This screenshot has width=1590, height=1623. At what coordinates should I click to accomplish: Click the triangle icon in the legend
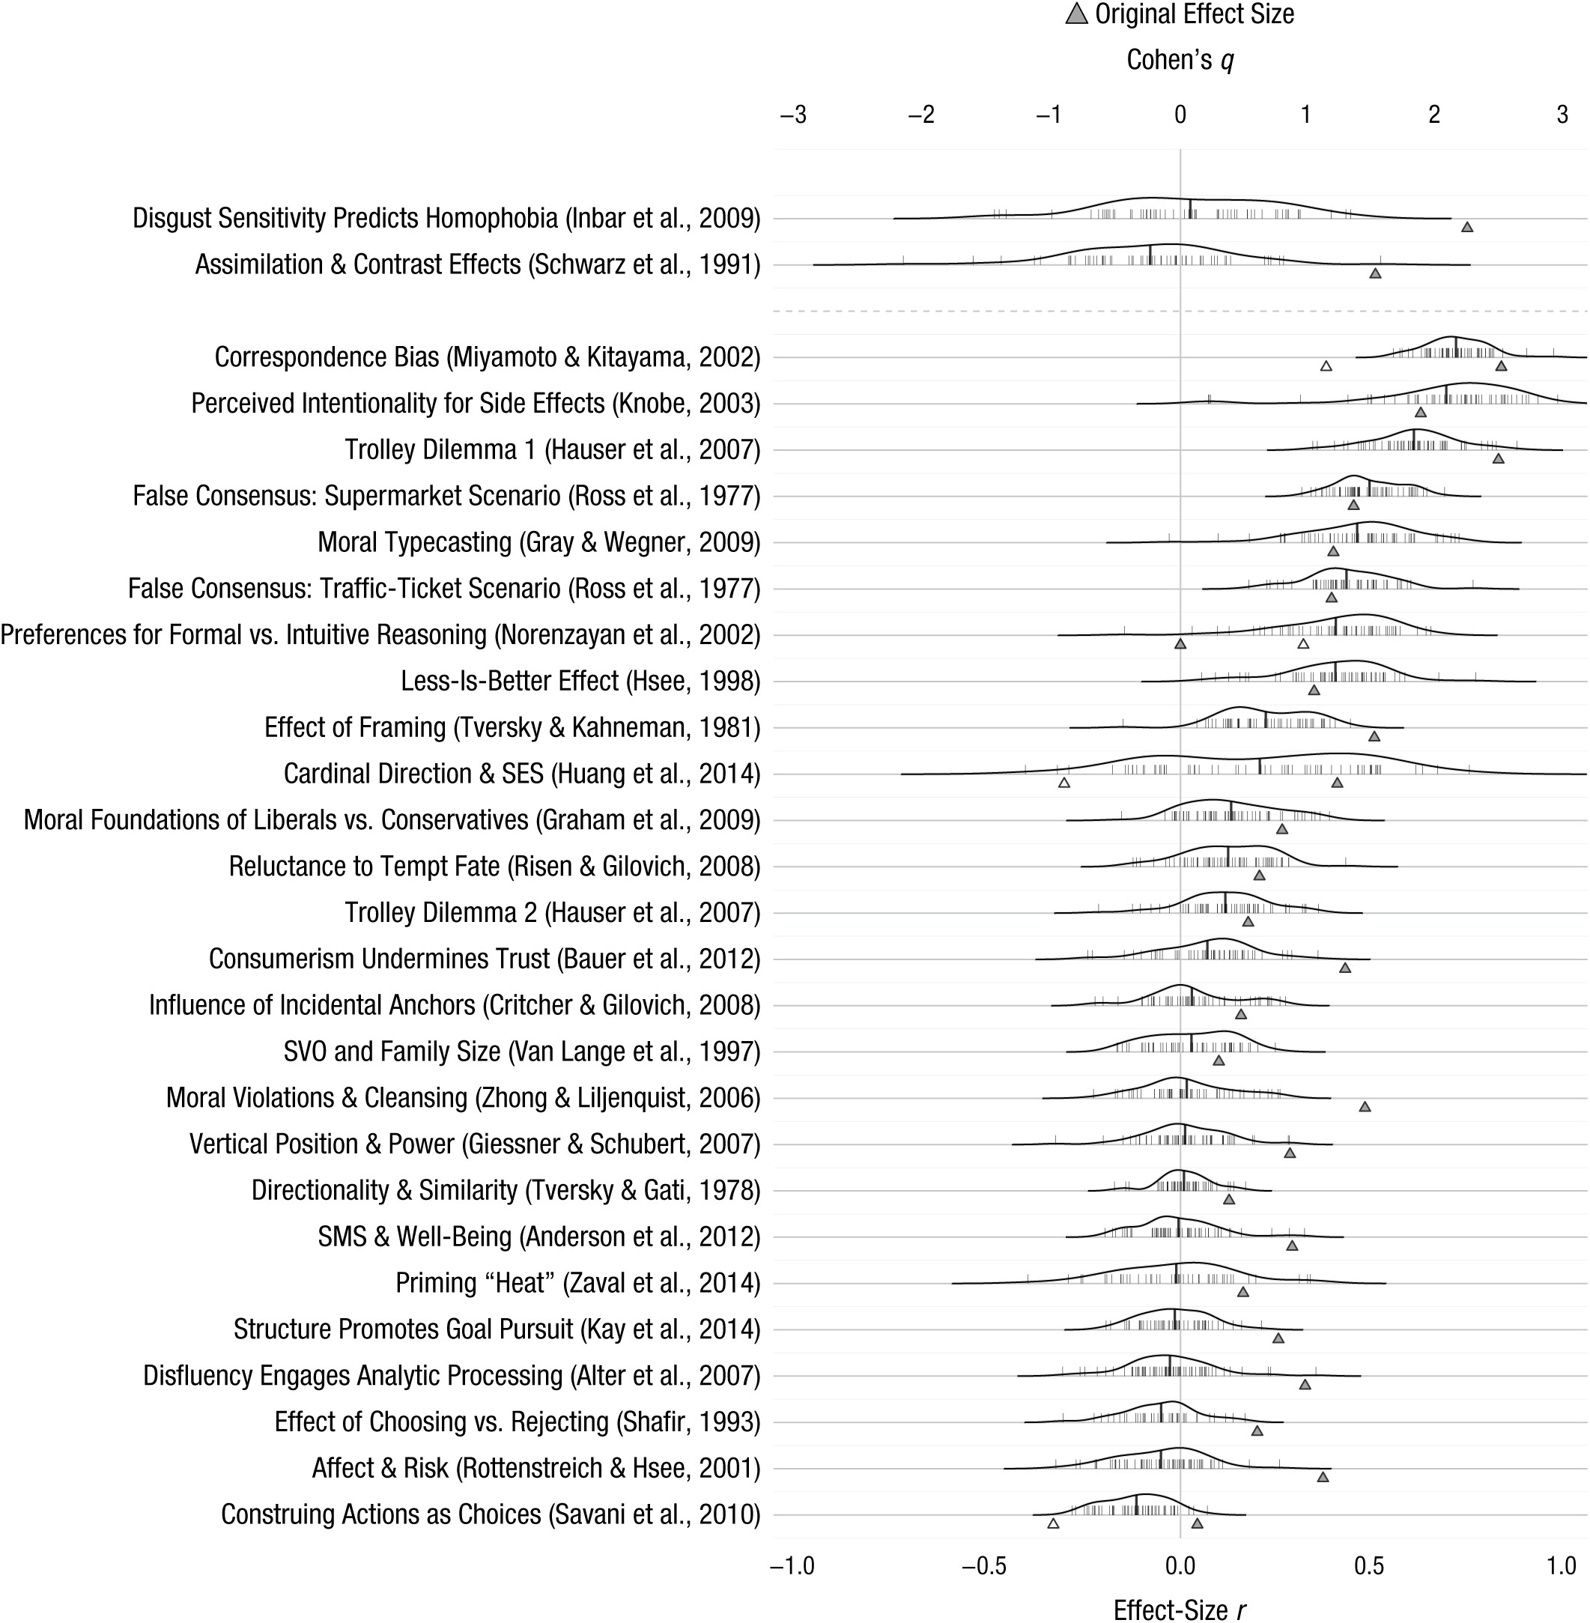coord(1076,14)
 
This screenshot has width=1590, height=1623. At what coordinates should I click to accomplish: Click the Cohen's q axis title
coord(1180,60)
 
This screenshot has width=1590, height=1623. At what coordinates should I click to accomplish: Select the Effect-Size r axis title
coord(1180,1610)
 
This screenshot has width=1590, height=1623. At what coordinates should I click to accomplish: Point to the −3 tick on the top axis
coord(792,115)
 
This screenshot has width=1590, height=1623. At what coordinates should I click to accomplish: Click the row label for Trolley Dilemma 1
coord(552,450)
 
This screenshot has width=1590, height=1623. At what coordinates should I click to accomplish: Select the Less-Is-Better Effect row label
coord(580,682)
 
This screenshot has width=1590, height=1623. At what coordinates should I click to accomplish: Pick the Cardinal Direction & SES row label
coord(522,774)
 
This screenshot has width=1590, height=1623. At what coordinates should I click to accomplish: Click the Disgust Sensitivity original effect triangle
coord(1466,227)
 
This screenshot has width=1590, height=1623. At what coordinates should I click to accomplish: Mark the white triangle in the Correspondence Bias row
coord(1326,365)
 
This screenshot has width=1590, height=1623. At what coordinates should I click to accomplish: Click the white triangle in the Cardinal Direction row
coord(1064,783)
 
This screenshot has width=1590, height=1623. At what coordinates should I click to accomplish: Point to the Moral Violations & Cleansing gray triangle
coord(1365,1107)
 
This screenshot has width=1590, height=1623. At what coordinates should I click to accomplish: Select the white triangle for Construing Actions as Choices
coord(1053,1523)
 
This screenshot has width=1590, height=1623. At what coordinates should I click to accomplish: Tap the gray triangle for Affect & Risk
coord(1323,1477)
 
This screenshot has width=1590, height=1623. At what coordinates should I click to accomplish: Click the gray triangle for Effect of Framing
coord(1374,736)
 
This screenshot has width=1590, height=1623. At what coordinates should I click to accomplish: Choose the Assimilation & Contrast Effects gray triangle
coord(1375,273)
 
